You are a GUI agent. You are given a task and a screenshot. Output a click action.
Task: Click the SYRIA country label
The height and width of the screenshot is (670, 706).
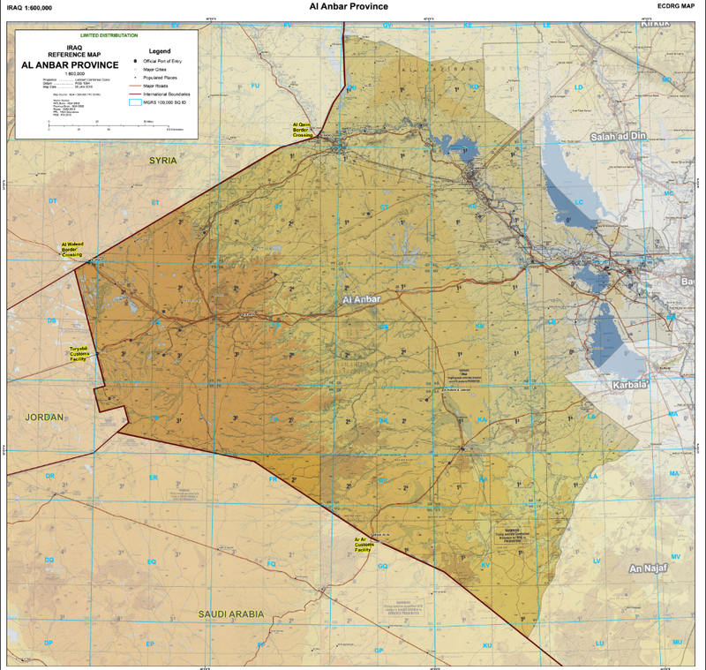tap(163, 161)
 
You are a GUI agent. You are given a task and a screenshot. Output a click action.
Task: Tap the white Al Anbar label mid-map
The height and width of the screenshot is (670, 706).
tap(361, 300)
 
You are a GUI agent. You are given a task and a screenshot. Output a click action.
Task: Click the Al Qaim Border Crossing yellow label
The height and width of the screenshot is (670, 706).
tap(304, 130)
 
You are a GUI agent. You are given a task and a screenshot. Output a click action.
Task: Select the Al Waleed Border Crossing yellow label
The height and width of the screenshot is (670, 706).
tap(71, 249)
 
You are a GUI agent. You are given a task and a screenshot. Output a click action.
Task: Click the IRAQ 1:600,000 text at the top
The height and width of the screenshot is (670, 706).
tap(29, 7)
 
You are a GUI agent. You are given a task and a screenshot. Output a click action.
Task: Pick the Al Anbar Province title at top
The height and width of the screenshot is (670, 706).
tap(349, 6)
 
